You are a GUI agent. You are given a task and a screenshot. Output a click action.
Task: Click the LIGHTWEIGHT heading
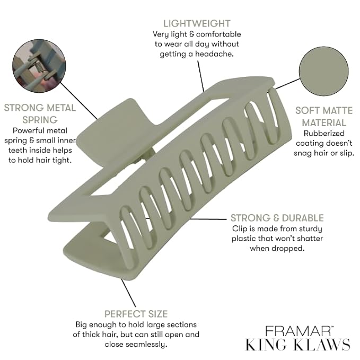point(197,24)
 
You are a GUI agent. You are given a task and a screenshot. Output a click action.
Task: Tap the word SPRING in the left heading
point(40,120)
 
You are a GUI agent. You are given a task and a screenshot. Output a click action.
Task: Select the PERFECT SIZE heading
point(136,314)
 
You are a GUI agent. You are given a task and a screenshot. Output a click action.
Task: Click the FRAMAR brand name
point(298,331)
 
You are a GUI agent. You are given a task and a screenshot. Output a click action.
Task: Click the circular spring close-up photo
point(39,66)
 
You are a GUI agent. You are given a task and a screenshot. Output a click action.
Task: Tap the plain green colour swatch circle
point(324,71)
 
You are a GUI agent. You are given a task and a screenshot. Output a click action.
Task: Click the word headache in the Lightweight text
point(214,54)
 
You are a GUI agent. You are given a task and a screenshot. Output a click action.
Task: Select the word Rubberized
point(324,133)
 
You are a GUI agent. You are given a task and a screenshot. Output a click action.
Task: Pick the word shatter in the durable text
point(310,238)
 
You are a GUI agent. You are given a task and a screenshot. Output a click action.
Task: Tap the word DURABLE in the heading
point(303,218)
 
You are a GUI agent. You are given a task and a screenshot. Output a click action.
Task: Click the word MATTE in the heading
point(336,110)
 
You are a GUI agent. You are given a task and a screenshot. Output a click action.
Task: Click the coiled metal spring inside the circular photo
point(39,67)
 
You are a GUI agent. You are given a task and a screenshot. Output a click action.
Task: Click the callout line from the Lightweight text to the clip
point(200,76)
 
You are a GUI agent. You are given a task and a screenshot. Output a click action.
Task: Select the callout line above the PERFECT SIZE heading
point(128,293)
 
